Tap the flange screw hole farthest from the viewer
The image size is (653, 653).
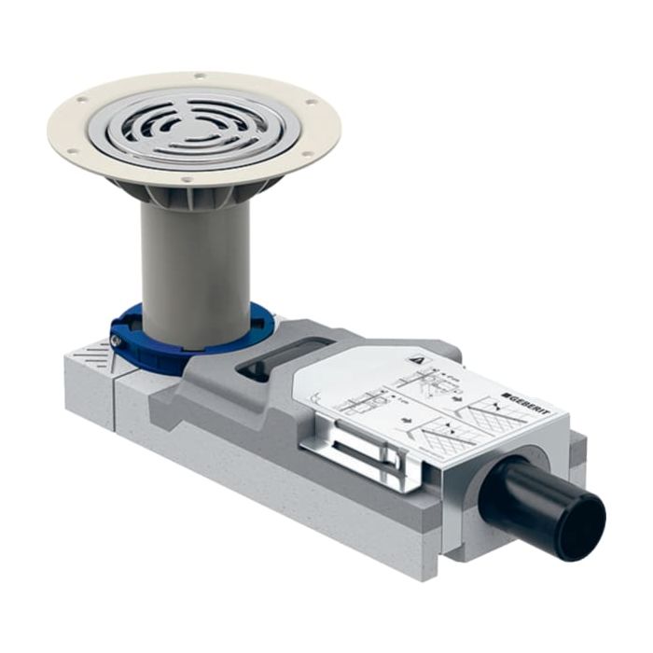(198, 76)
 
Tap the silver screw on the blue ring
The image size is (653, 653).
(114, 341)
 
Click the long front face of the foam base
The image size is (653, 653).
(280, 494)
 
